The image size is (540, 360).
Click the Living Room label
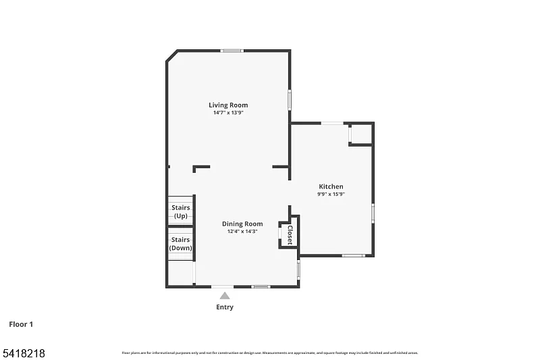pos(228,105)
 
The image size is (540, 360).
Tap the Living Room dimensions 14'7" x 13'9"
pos(228,113)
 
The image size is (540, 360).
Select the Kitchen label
pos(331,186)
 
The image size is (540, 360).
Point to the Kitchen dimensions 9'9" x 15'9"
pos(331,195)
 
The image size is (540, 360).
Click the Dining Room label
pos(242,224)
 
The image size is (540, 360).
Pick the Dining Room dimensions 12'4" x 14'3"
pos(242,232)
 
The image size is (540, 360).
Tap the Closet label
pos(290,233)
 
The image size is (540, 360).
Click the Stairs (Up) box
pos(180,211)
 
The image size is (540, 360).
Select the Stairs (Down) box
pos(180,243)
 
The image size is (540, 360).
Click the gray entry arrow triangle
pos(225,295)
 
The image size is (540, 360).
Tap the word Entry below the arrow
pos(225,307)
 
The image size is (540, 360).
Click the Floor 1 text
pos(21,324)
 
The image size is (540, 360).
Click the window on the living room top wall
pos(233,51)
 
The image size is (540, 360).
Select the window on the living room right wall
pos(290,99)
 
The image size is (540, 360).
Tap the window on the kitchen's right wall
pos(373,213)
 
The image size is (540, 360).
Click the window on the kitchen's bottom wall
pos(353,255)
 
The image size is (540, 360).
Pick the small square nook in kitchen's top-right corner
pos(360,133)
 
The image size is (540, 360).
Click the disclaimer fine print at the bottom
pos(269,353)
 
